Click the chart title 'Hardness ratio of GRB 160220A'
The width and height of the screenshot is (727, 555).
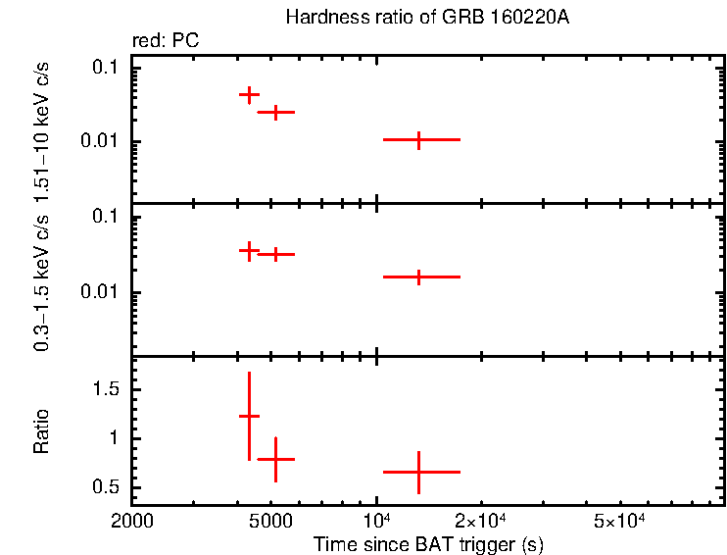pos(426,18)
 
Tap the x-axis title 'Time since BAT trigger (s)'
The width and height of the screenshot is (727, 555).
pos(428,543)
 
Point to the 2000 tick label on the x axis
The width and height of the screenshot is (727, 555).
pos(132,520)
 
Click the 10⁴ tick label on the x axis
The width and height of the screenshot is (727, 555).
pos(377,519)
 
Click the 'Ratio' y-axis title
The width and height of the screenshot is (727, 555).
pos(42,431)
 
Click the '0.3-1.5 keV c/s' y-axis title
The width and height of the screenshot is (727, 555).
pos(42,281)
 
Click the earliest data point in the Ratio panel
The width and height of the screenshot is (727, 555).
pos(250,416)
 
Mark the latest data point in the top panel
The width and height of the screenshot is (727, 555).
pos(419,140)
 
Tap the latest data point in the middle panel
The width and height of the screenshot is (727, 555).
pos(419,277)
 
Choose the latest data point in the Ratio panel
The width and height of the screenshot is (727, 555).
pos(419,472)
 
